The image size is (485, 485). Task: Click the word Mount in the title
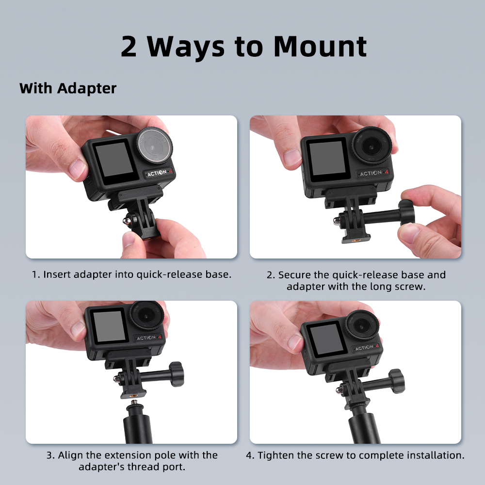[321, 47]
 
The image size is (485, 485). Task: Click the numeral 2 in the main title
[129, 47]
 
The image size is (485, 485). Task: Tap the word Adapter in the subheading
[87, 89]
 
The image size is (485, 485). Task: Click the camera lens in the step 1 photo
[155, 145]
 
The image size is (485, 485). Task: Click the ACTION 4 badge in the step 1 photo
[159, 173]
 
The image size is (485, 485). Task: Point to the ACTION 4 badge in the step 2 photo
[373, 173]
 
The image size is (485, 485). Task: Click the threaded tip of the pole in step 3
[134, 404]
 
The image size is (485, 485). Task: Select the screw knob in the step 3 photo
[177, 374]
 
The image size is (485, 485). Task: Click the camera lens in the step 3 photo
[147, 315]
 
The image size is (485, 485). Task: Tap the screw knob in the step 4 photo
[397, 381]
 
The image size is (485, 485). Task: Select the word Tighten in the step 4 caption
[276, 455]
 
